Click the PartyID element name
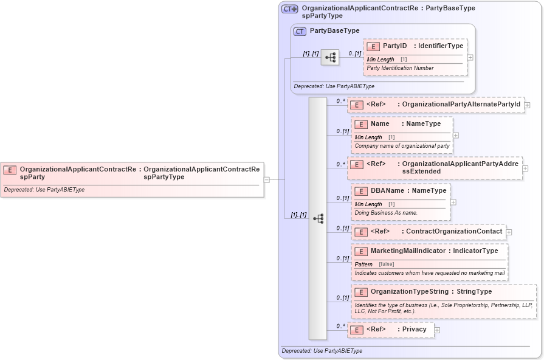394,46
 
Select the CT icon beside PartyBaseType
300,31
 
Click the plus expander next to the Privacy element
437,330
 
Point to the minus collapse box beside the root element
266,179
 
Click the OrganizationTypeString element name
411,291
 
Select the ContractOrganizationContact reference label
454,231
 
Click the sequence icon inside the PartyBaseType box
330,58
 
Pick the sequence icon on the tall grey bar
318,218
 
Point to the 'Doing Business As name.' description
386,213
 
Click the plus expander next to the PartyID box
470,57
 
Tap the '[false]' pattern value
386,264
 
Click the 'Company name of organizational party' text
402,146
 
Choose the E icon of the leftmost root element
10,170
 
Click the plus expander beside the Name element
455,135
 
